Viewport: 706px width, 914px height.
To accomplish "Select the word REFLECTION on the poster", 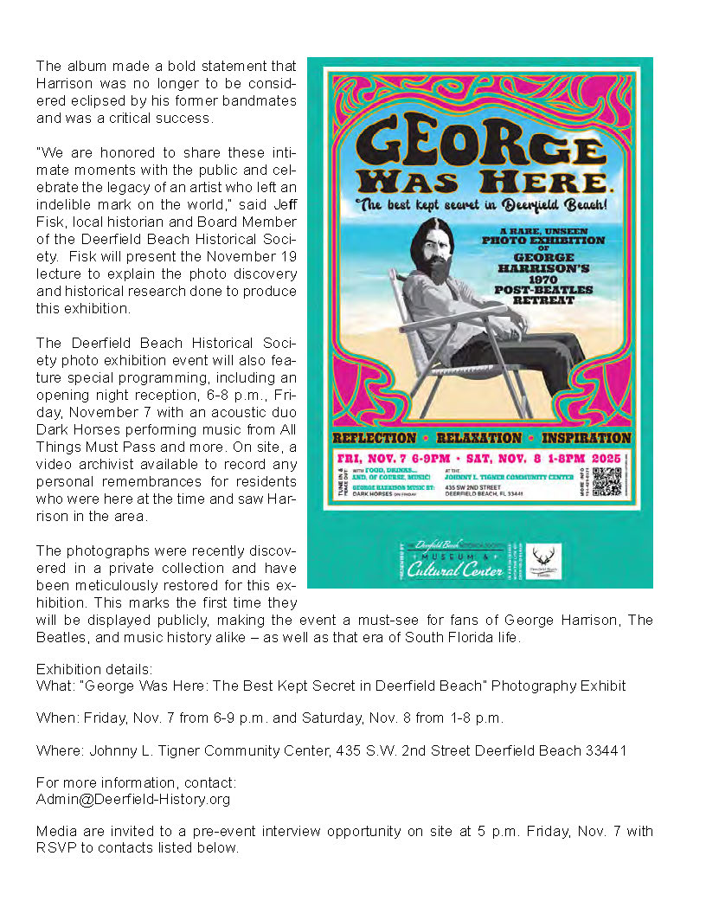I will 375,438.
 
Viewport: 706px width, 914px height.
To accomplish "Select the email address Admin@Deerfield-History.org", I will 133,799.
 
